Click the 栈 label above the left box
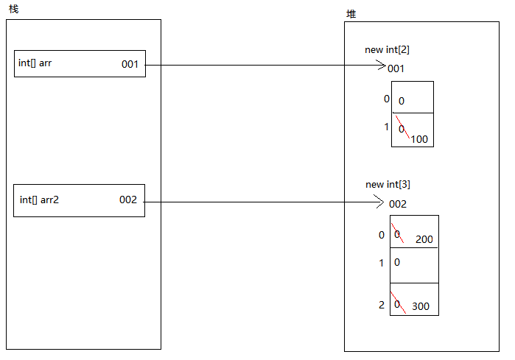click(13, 8)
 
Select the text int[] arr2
click(39, 200)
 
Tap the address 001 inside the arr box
click(130, 64)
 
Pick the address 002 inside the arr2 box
click(128, 200)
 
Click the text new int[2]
click(387, 50)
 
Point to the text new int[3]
click(388, 184)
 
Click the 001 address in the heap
click(396, 68)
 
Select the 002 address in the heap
click(397, 204)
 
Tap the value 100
click(419, 139)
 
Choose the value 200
click(424, 239)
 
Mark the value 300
click(421, 306)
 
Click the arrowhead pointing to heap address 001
click(381, 65)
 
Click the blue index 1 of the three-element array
click(381, 263)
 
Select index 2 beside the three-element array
click(381, 305)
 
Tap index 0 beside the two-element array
click(386, 99)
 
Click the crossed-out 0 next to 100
click(402, 129)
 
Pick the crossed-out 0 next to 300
click(397, 303)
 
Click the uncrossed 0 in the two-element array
click(402, 102)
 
